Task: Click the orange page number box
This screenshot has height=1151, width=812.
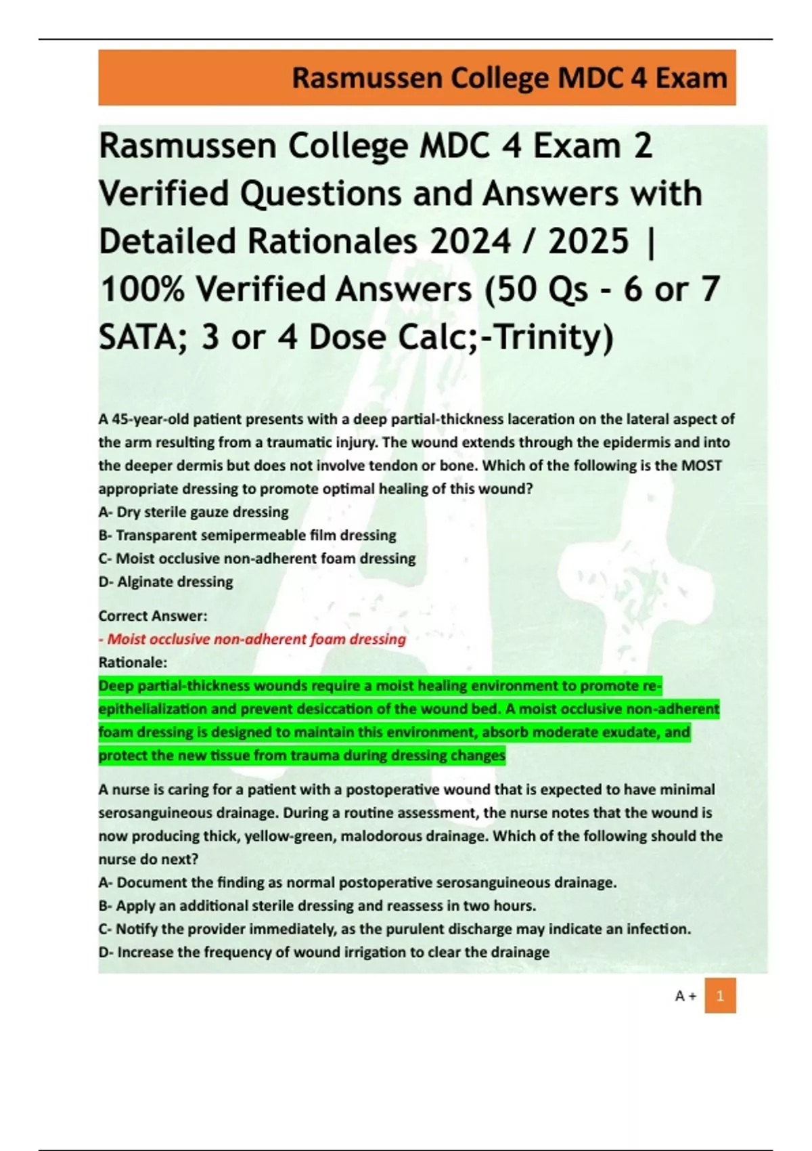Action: click(x=720, y=995)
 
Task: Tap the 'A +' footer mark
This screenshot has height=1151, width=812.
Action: click(x=685, y=996)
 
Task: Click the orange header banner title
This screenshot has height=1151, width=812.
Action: click(x=509, y=79)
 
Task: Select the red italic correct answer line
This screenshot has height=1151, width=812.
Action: click(x=252, y=639)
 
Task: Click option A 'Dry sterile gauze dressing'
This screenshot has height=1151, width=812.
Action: click(x=194, y=512)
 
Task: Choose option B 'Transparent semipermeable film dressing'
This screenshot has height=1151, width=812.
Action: click(x=248, y=535)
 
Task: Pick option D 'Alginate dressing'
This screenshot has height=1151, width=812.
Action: click(x=166, y=582)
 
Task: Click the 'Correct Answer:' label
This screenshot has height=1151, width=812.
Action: click(x=153, y=615)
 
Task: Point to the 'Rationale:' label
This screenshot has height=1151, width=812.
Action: click(x=133, y=662)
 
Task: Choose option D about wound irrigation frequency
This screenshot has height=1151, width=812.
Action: click(x=324, y=952)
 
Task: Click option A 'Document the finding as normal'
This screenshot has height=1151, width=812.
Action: click(x=358, y=882)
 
